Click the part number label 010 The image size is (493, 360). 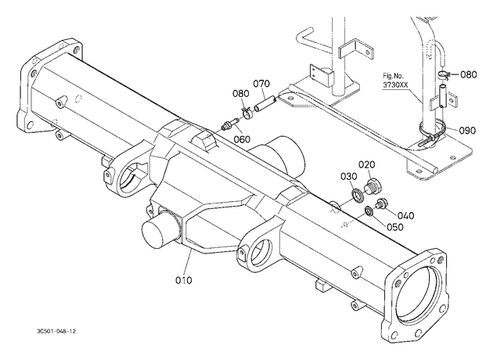pos(184,280)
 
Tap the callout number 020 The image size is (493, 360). pos(367,164)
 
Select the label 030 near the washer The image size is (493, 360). pos(349,176)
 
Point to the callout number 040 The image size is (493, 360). pos(406,215)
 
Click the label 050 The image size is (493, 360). pos(395,227)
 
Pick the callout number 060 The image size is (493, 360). pos(242,139)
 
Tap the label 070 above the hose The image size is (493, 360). pos(261,84)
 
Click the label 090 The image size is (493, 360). pos(467,130)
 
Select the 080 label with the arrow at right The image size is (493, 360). pos(469,74)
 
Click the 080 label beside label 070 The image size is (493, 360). pos(241,93)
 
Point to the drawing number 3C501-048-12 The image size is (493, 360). pos(56,331)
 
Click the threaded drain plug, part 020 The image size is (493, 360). pos(373,185)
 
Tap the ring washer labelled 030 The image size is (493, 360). pos(358,195)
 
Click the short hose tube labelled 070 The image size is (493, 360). pos(264,104)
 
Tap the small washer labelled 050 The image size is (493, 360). pos(369,211)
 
